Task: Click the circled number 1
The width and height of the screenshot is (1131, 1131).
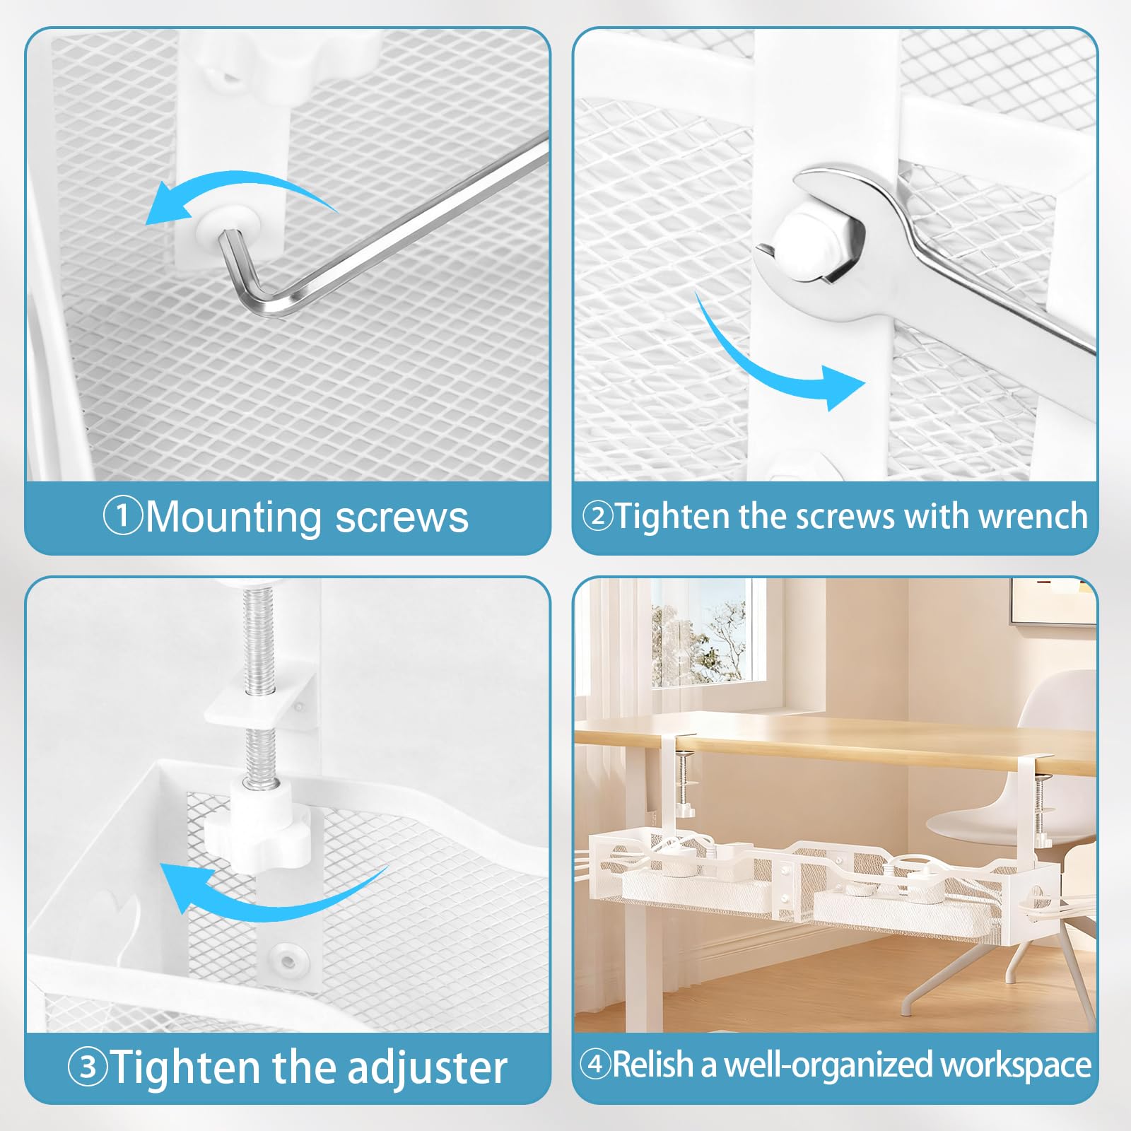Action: (x=124, y=516)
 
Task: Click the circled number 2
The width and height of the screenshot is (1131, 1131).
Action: (x=597, y=516)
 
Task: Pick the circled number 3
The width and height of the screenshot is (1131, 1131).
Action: (x=88, y=1067)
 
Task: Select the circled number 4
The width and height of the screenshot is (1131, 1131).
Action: (x=595, y=1064)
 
